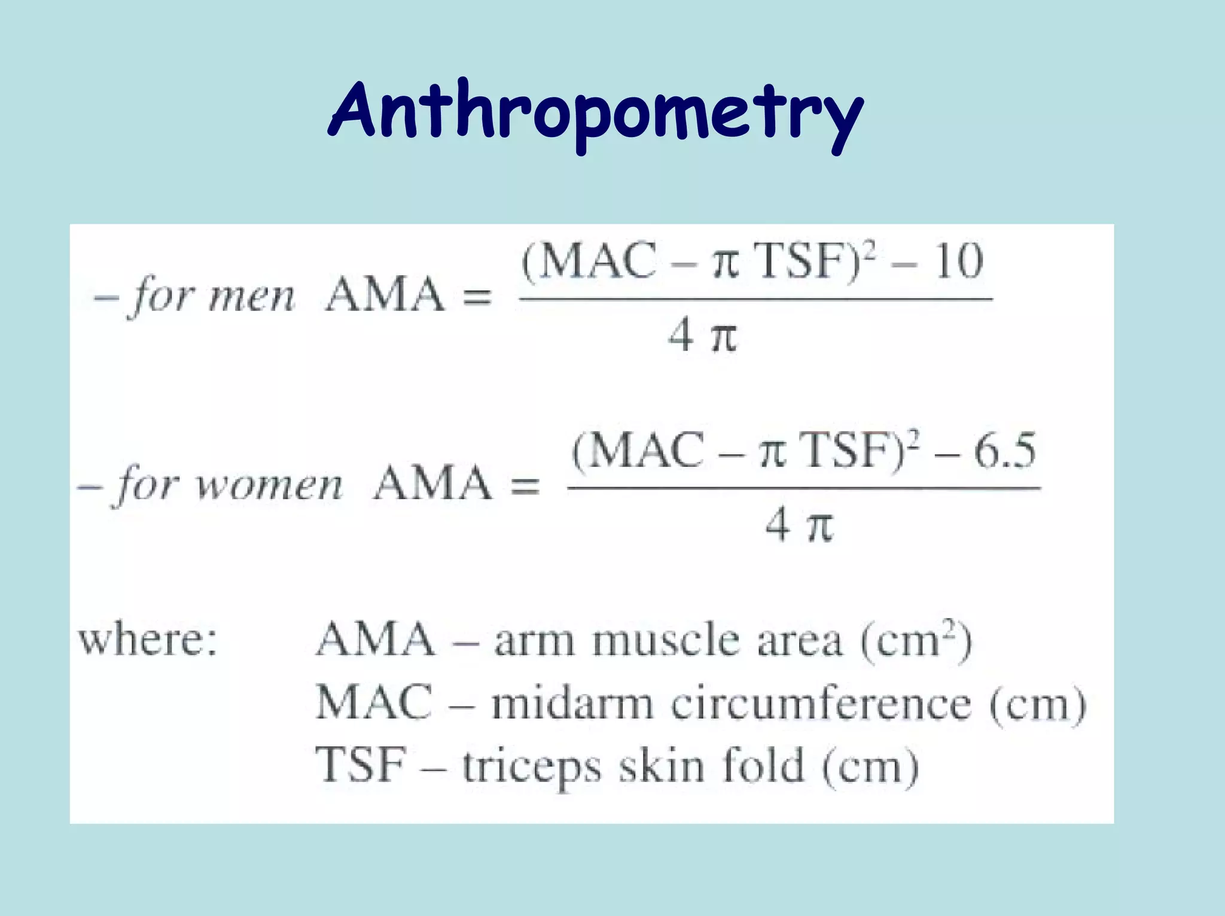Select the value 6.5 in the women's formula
(x=1005, y=451)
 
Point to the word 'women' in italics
(x=270, y=485)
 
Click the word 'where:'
(x=148, y=639)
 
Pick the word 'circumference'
(x=821, y=704)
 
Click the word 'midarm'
(x=572, y=704)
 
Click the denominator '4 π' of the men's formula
(x=703, y=336)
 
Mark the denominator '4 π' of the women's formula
(x=799, y=526)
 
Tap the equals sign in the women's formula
(x=525, y=486)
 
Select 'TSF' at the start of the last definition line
(x=361, y=765)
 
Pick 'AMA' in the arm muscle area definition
(x=376, y=640)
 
